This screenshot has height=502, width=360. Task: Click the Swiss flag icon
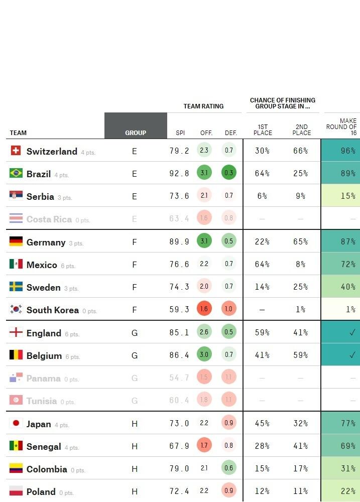click(x=16, y=151)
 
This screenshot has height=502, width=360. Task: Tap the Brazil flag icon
click(x=16, y=173)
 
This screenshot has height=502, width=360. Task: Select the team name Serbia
click(x=40, y=196)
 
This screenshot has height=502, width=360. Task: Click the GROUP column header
click(x=136, y=133)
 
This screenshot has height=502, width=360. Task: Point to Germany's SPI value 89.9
click(x=179, y=241)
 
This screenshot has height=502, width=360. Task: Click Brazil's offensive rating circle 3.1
click(x=204, y=173)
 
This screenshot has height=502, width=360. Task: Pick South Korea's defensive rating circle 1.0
click(x=229, y=309)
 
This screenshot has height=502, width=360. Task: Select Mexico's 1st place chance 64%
click(x=262, y=264)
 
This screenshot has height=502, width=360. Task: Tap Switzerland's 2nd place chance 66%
click(x=300, y=151)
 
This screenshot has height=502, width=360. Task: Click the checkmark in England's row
click(x=352, y=332)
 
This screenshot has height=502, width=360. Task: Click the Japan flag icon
click(x=16, y=423)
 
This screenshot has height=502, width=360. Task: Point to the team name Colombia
click(x=47, y=469)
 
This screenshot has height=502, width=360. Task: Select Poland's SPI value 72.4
click(x=179, y=491)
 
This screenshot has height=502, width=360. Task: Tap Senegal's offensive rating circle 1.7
click(x=204, y=446)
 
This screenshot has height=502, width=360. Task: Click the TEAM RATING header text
click(x=203, y=106)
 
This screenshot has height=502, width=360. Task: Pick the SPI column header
click(x=180, y=133)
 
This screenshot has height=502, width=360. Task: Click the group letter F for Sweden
click(x=135, y=287)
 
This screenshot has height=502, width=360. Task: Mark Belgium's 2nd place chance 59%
click(x=300, y=355)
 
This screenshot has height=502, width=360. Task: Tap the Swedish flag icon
click(x=16, y=287)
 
